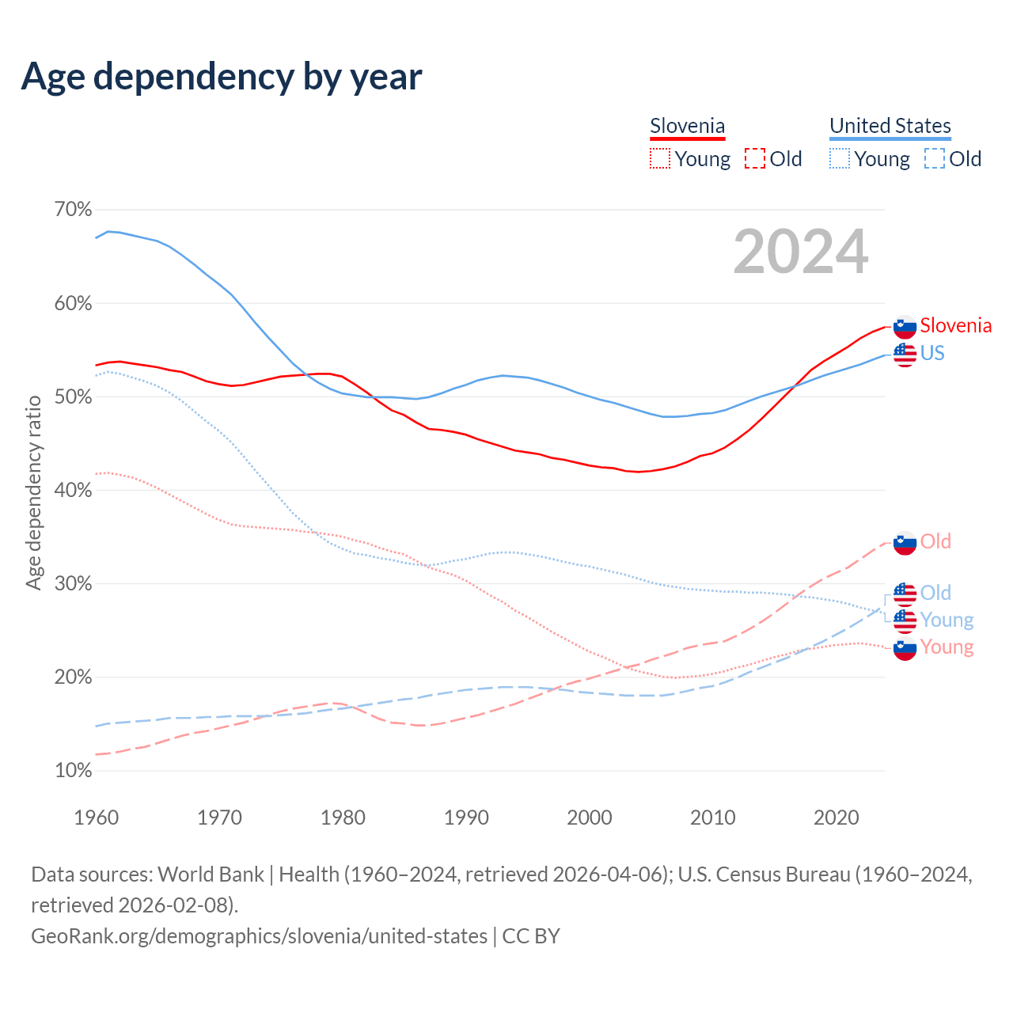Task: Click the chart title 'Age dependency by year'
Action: [x=222, y=77]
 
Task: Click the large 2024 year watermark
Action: [x=800, y=252]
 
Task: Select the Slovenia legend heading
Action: [x=687, y=126]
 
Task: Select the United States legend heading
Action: [x=890, y=126]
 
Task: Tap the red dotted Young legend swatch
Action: [x=659, y=159]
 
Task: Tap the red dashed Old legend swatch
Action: [x=755, y=159]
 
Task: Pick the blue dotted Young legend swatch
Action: [x=839, y=159]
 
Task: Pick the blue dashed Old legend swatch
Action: [x=935, y=159]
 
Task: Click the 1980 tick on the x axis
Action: [x=343, y=818]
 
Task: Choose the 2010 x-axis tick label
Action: [x=712, y=818]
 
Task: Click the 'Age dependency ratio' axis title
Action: [x=33, y=491]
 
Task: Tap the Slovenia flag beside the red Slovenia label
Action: [x=905, y=326]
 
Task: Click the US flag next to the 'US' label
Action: [x=905, y=354]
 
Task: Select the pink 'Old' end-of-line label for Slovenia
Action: [x=935, y=541]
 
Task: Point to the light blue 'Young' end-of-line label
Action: [x=947, y=620]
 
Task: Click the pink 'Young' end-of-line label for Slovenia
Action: [x=947, y=647]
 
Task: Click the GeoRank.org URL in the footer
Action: [x=259, y=936]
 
